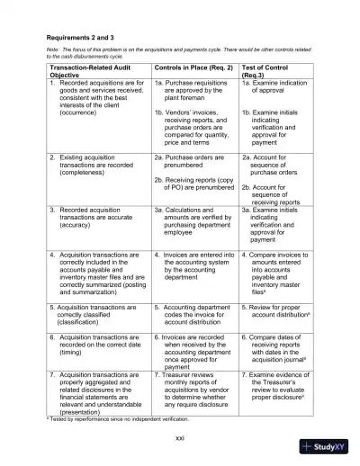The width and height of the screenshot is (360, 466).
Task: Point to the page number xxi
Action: pyautogui.click(x=180, y=437)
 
